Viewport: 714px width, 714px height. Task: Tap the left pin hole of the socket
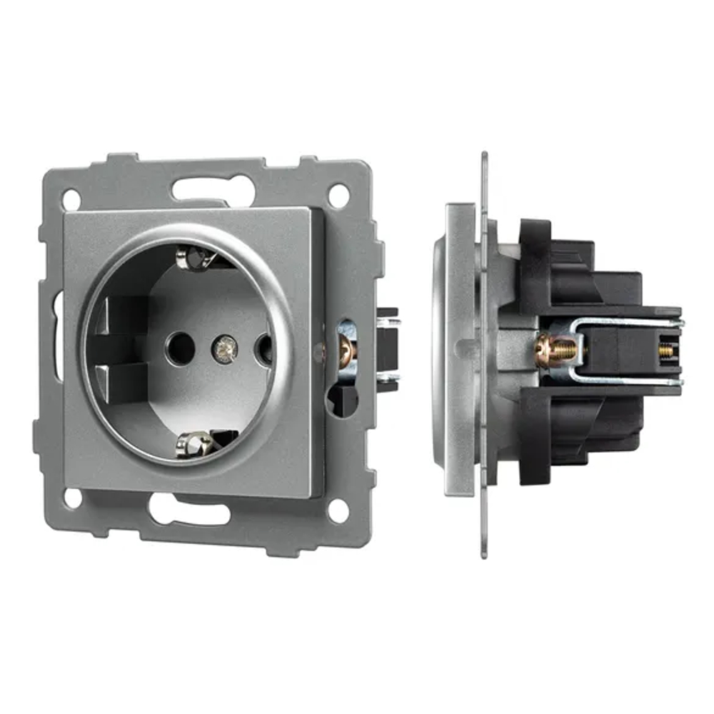[x=179, y=347]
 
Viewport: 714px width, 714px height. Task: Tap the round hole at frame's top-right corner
[x=338, y=195]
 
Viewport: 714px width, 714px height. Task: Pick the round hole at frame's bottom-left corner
[x=72, y=498]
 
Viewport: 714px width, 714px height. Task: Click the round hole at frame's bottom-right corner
[x=338, y=510]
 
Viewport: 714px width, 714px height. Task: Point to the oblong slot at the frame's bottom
[x=188, y=508]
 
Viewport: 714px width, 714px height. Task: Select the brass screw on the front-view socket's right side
[x=346, y=349]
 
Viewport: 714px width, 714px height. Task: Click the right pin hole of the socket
[x=264, y=349]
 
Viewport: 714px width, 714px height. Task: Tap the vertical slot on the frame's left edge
[x=58, y=336]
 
